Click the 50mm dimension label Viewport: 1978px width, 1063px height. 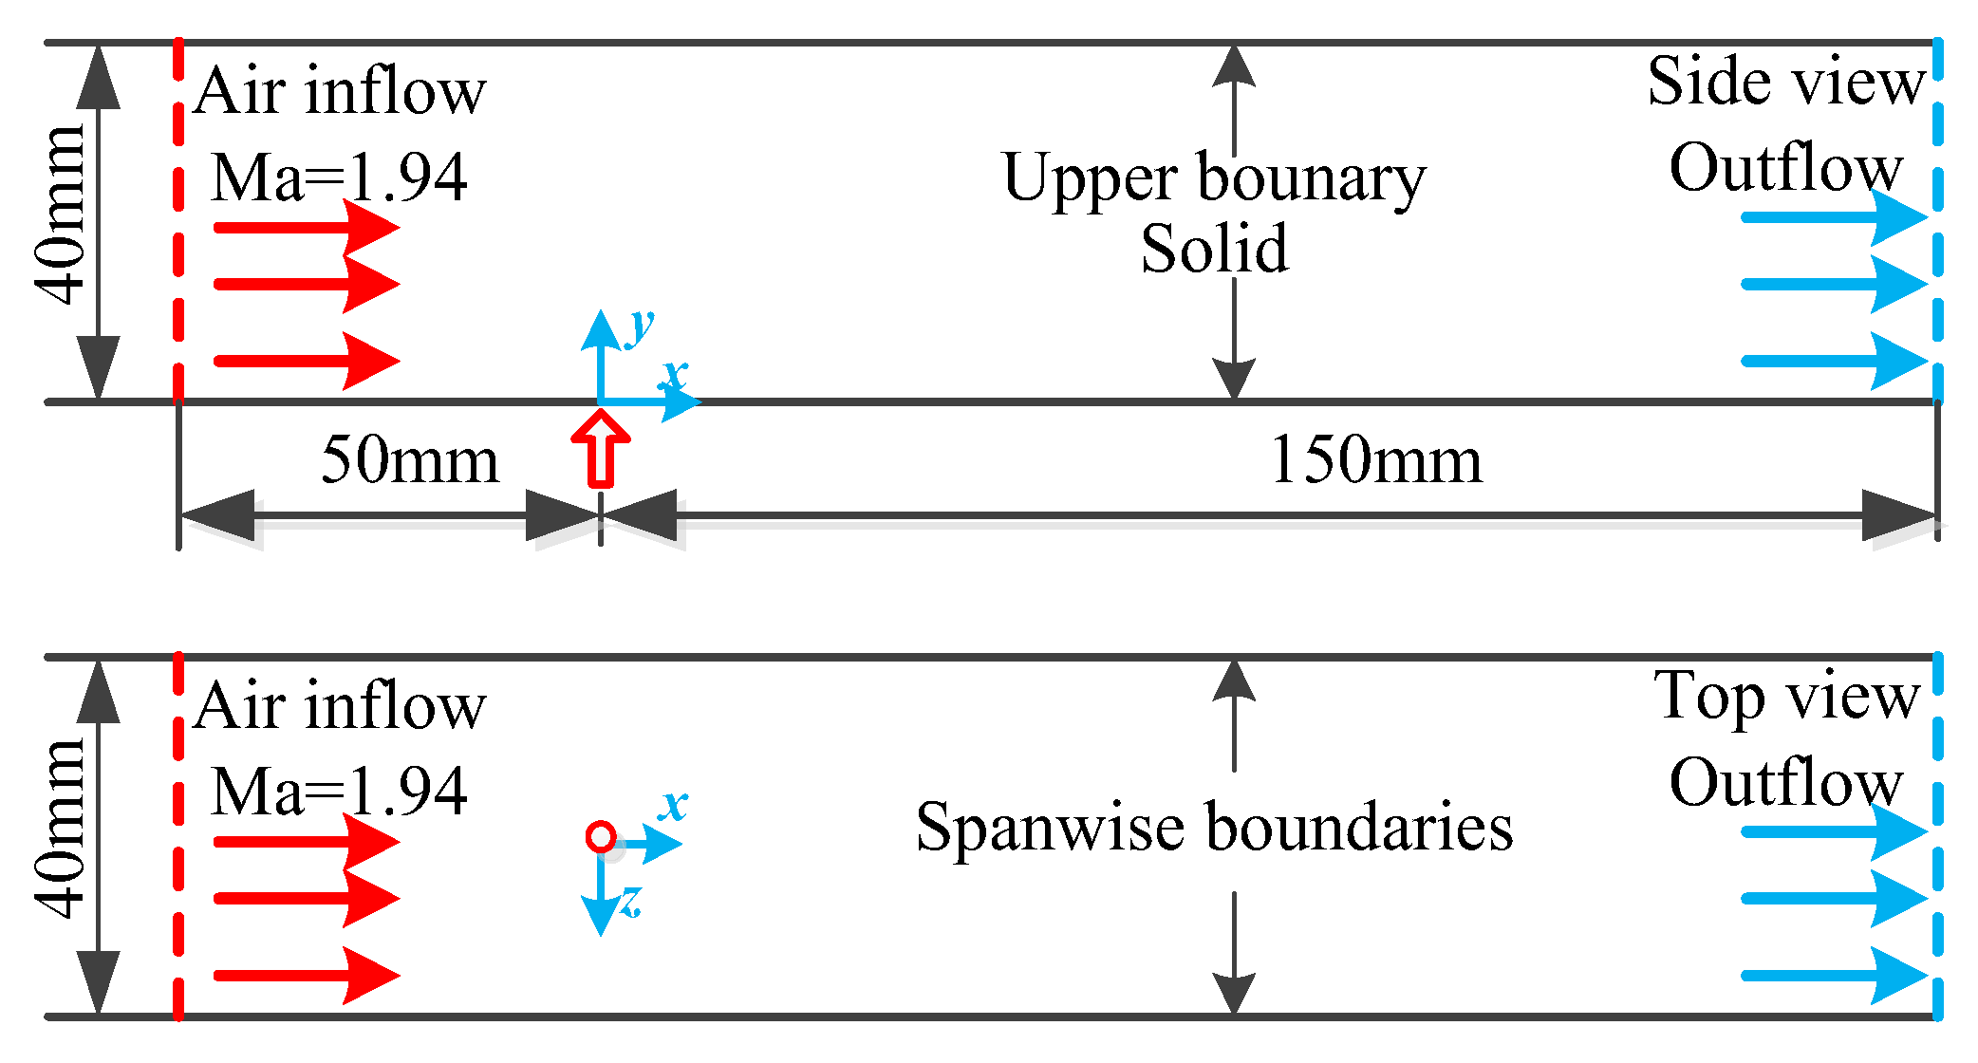[409, 461]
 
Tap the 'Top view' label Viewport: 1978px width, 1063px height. [1786, 698]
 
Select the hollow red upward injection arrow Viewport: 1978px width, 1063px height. [601, 452]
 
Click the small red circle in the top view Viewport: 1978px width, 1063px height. [601, 836]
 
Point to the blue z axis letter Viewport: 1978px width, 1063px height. [631, 901]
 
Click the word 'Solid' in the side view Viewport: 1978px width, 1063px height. [1214, 250]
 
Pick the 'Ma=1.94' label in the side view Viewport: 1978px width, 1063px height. [339, 177]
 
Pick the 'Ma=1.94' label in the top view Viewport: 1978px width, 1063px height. [339, 792]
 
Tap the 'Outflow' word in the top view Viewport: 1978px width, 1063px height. [1785, 783]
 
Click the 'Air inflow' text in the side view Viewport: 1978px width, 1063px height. [339, 92]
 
